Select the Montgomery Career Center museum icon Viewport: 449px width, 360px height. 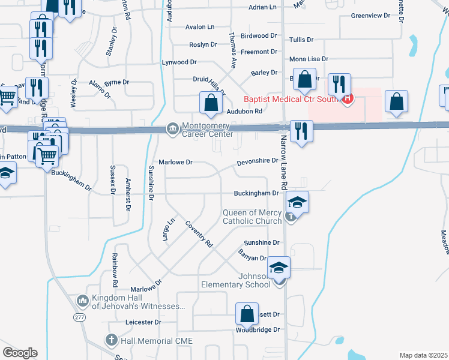(x=172, y=128)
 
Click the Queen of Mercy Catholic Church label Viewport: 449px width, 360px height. (x=252, y=217)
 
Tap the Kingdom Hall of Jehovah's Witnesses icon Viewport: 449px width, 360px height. (x=83, y=299)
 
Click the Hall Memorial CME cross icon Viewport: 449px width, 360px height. (x=111, y=340)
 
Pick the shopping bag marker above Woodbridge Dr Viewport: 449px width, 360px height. (x=247, y=313)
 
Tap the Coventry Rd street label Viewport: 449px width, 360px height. (x=199, y=235)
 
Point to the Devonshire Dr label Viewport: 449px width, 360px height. (x=258, y=161)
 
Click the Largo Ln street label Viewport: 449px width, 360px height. (x=167, y=230)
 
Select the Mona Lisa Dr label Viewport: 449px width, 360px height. (x=309, y=59)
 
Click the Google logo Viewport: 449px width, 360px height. (x=20, y=353)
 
